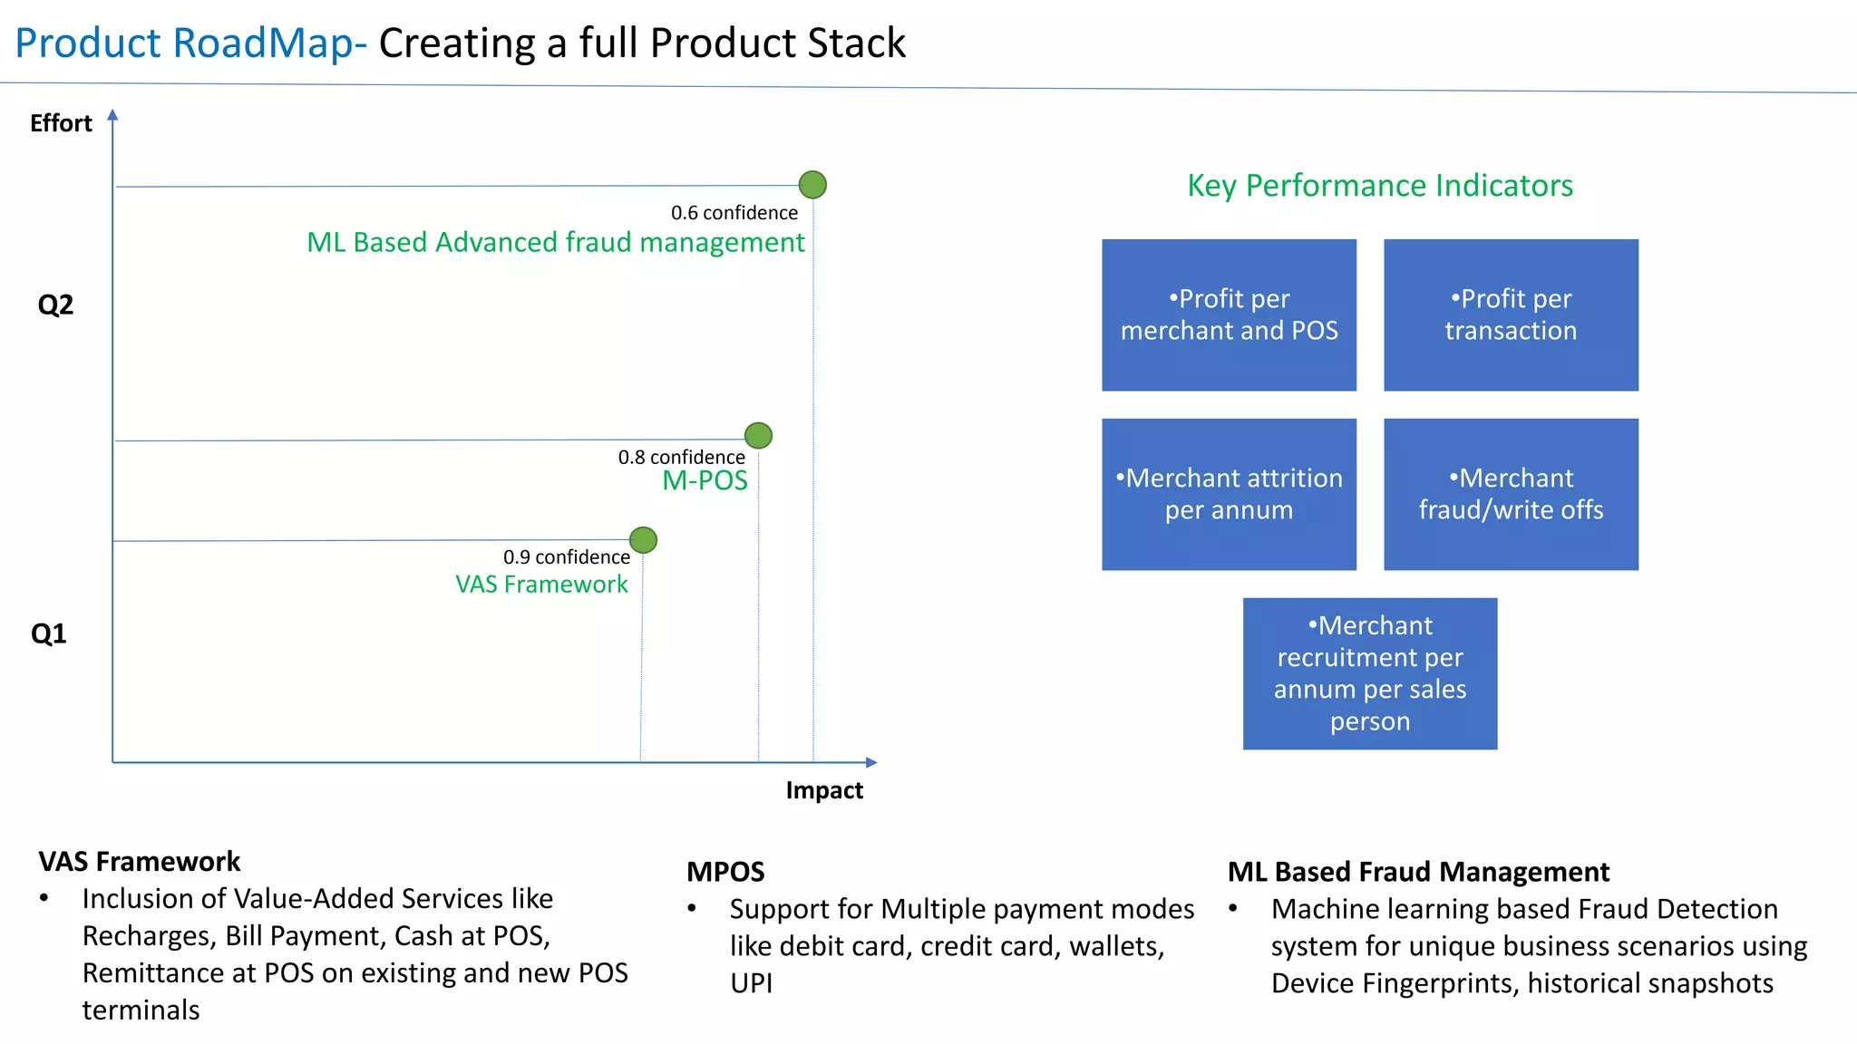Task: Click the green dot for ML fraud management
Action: pos(812,185)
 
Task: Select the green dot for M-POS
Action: pos(758,436)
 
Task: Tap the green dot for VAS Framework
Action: pos(643,540)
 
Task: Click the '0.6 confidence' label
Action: pos(734,213)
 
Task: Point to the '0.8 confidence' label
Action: pos(681,458)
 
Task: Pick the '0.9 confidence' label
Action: pos(567,557)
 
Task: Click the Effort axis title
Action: pos(61,123)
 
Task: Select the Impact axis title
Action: pos(823,790)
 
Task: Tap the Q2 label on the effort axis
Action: pos(55,305)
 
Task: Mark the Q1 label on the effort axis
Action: pos(49,633)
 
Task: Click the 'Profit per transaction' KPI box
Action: pos(1511,315)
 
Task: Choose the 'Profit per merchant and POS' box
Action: pos(1229,315)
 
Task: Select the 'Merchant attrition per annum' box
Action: pos(1229,494)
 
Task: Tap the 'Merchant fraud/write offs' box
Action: pos(1511,494)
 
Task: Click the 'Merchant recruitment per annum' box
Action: pos(1369,673)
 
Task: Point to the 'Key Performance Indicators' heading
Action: pos(1379,186)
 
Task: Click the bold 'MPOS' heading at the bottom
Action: pos(725,872)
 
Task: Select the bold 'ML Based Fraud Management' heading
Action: pos(1418,872)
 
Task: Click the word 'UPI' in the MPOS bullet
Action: pos(752,983)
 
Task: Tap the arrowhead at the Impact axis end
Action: pos(871,762)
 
